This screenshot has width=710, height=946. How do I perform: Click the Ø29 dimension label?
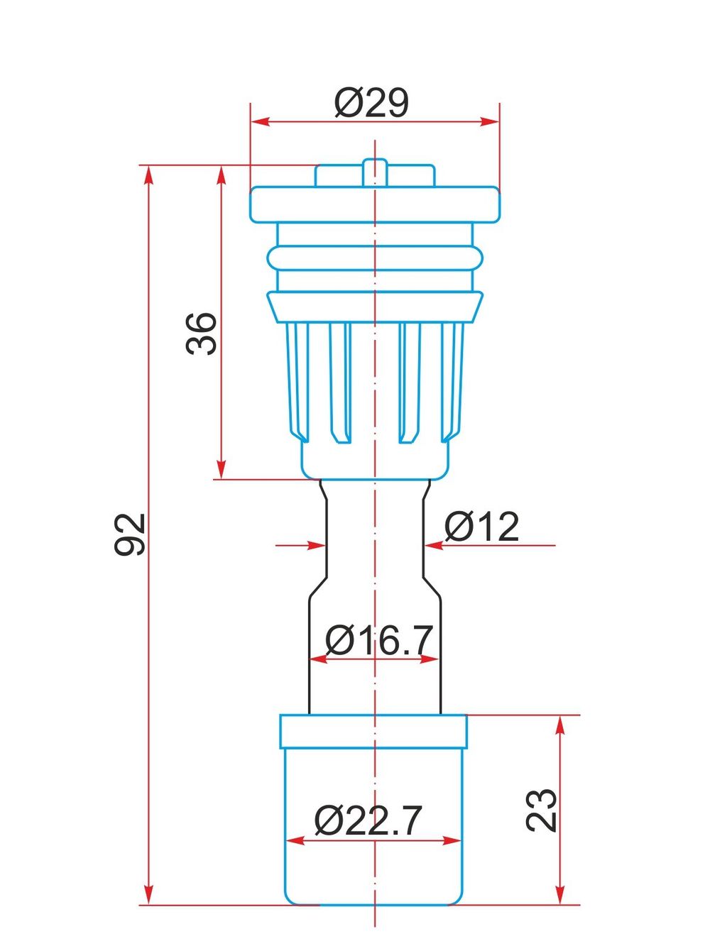pos(371,104)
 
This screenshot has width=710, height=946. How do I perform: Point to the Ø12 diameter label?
pos(482,527)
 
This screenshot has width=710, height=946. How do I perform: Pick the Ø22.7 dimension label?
pos(368,821)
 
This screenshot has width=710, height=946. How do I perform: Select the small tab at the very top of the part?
pos(374,172)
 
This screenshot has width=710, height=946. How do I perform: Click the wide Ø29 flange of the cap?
pos(374,204)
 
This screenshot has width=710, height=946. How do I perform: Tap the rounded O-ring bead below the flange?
pos(374,258)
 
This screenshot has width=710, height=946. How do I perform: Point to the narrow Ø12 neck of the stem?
pos(374,539)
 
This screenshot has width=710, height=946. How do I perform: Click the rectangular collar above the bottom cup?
pos(374,732)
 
